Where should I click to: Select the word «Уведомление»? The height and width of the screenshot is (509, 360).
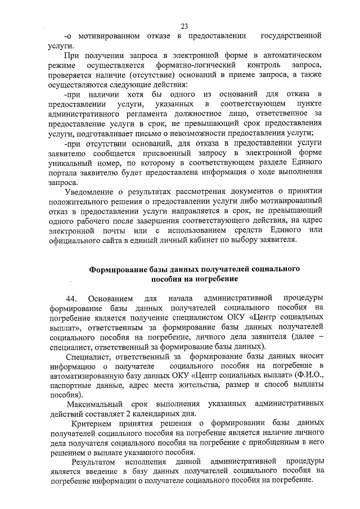[93, 192]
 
